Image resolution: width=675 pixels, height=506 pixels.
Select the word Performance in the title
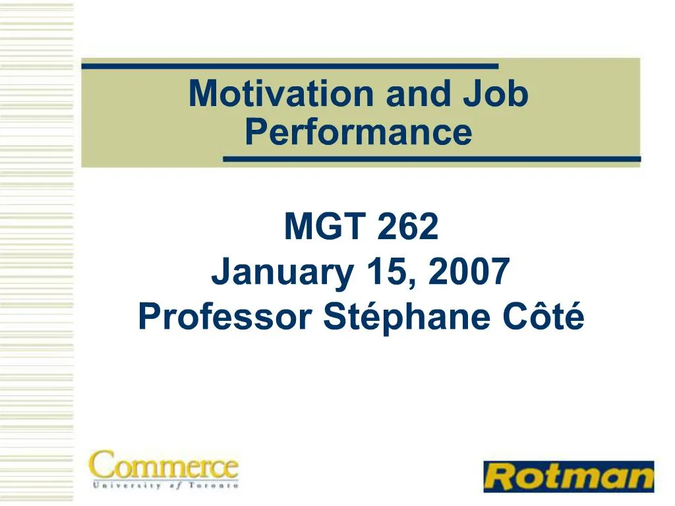[x=359, y=132]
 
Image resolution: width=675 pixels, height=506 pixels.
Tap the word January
[x=281, y=273]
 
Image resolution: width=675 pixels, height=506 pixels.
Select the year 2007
[x=469, y=271]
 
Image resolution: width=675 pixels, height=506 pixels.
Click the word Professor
[x=225, y=318]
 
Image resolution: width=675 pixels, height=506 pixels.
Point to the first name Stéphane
[x=402, y=318]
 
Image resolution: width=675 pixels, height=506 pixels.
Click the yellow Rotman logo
[x=568, y=476]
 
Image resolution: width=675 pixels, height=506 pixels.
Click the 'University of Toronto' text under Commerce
[x=163, y=486]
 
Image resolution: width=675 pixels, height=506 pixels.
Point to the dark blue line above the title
[x=290, y=66]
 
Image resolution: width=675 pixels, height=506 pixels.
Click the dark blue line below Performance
[x=432, y=159]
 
